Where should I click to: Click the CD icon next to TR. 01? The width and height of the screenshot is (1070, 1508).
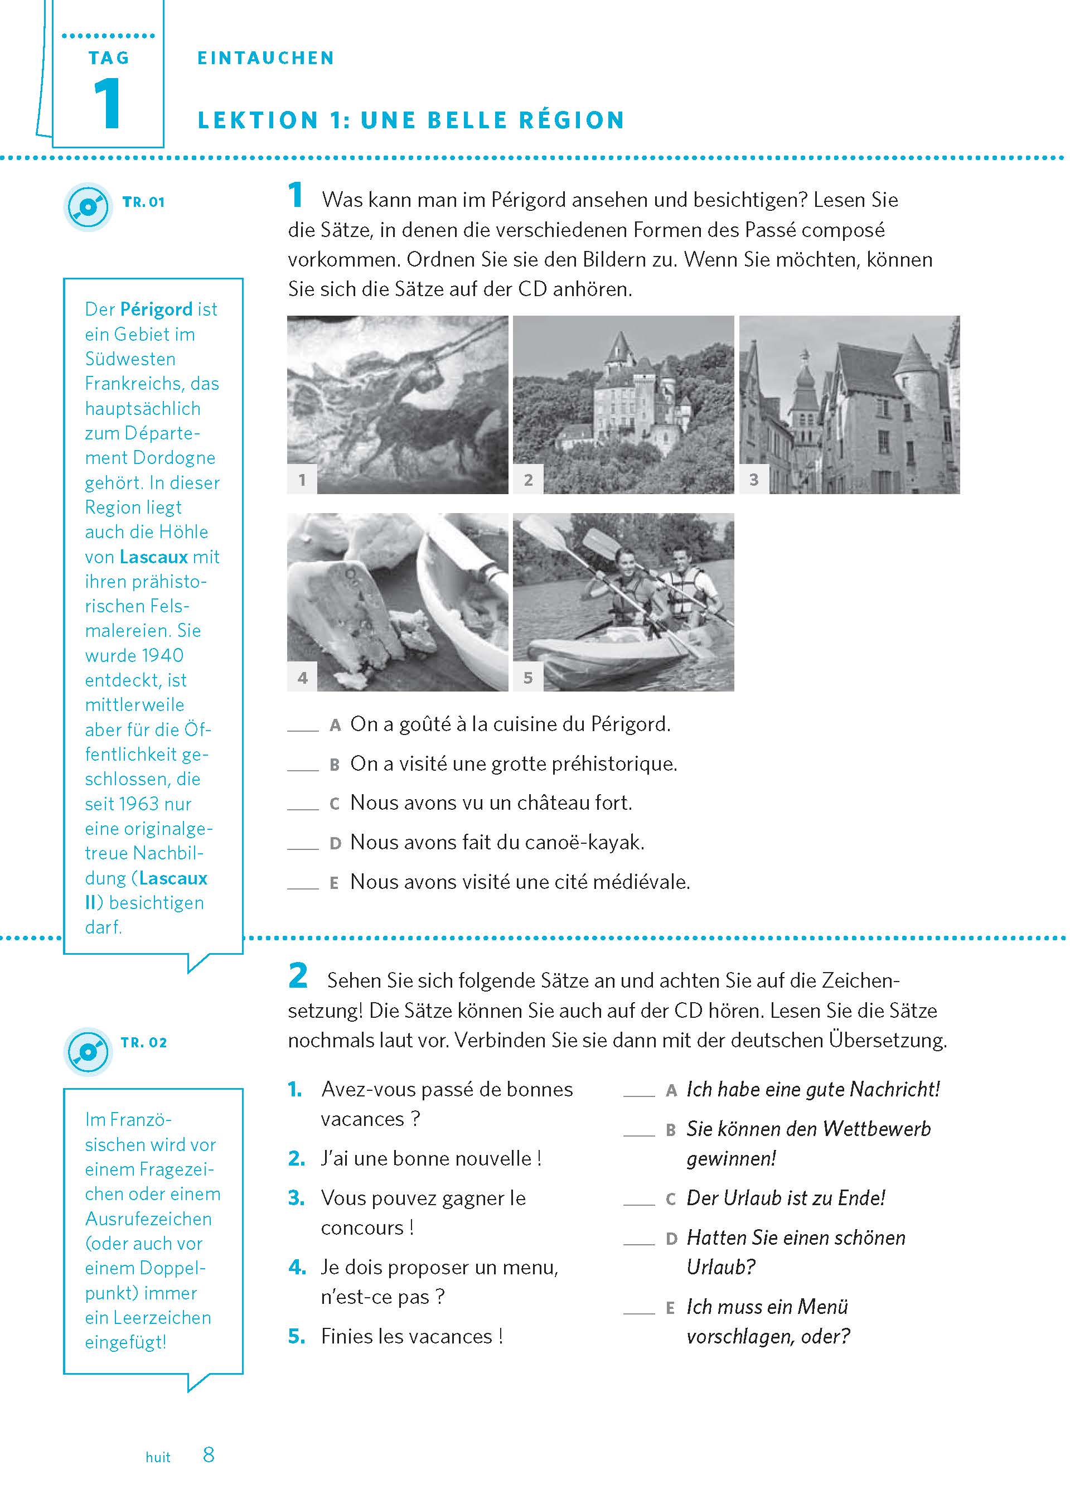[x=88, y=207]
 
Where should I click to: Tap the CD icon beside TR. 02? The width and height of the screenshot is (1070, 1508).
[x=88, y=1051]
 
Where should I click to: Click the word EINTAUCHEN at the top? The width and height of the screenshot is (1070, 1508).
[x=265, y=58]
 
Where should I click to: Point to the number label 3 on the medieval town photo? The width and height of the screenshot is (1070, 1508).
[x=754, y=480]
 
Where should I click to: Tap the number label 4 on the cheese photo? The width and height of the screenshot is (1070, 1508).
[x=302, y=677]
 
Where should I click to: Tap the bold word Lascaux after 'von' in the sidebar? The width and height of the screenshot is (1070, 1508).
[x=153, y=557]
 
